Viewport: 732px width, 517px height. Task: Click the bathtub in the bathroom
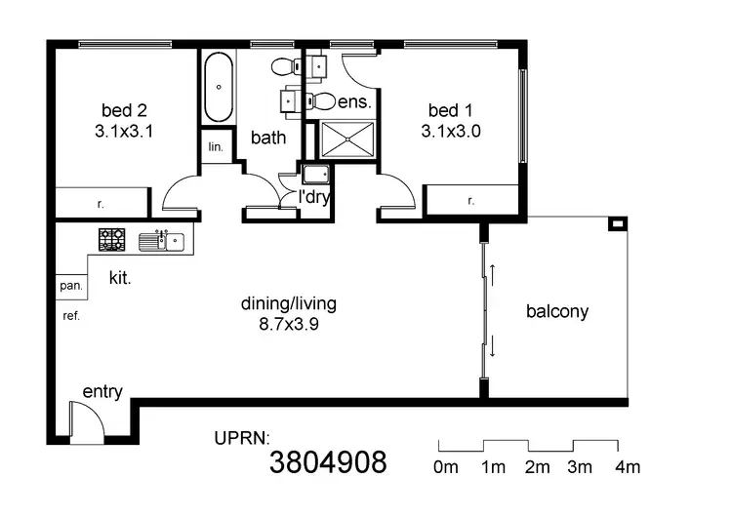pyautogui.click(x=219, y=87)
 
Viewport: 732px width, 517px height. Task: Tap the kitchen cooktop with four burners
pyautogui.click(x=111, y=239)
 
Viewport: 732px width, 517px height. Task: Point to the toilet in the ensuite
pyautogui.click(x=321, y=100)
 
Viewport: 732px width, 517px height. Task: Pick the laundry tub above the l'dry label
pyautogui.click(x=316, y=176)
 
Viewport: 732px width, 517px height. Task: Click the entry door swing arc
pyautogui.click(x=87, y=421)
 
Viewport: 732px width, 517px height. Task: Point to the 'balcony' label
pyautogui.click(x=557, y=312)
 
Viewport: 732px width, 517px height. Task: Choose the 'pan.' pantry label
pyautogui.click(x=70, y=287)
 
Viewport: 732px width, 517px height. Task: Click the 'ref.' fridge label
pyautogui.click(x=70, y=316)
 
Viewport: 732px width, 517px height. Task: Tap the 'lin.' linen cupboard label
pyautogui.click(x=216, y=147)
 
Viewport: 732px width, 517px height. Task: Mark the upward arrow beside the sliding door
pyautogui.click(x=493, y=274)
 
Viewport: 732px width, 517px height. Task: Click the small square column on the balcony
pyautogui.click(x=616, y=225)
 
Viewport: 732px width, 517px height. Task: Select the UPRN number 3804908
pyautogui.click(x=328, y=461)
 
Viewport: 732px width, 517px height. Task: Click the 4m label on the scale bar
pyautogui.click(x=628, y=467)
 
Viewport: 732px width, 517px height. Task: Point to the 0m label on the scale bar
pyautogui.click(x=446, y=467)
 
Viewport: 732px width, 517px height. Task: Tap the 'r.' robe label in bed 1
pyautogui.click(x=471, y=201)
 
